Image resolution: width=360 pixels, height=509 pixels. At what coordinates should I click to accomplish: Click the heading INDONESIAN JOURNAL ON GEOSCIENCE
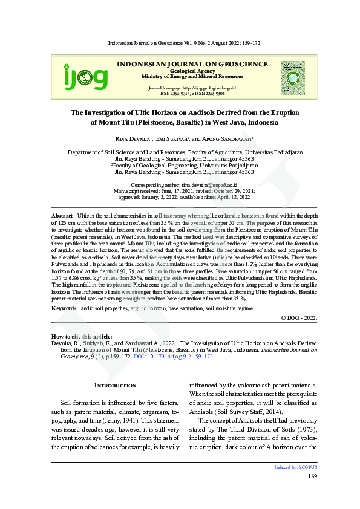click(x=191, y=64)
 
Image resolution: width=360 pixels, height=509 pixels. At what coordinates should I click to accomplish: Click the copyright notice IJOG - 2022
click(x=299, y=317)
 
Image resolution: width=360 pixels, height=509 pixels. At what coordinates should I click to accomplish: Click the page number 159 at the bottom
click(x=312, y=476)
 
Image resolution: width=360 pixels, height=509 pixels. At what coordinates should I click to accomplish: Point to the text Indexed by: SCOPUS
click(x=296, y=467)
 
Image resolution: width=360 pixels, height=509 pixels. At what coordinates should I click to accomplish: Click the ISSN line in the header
click(x=191, y=94)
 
